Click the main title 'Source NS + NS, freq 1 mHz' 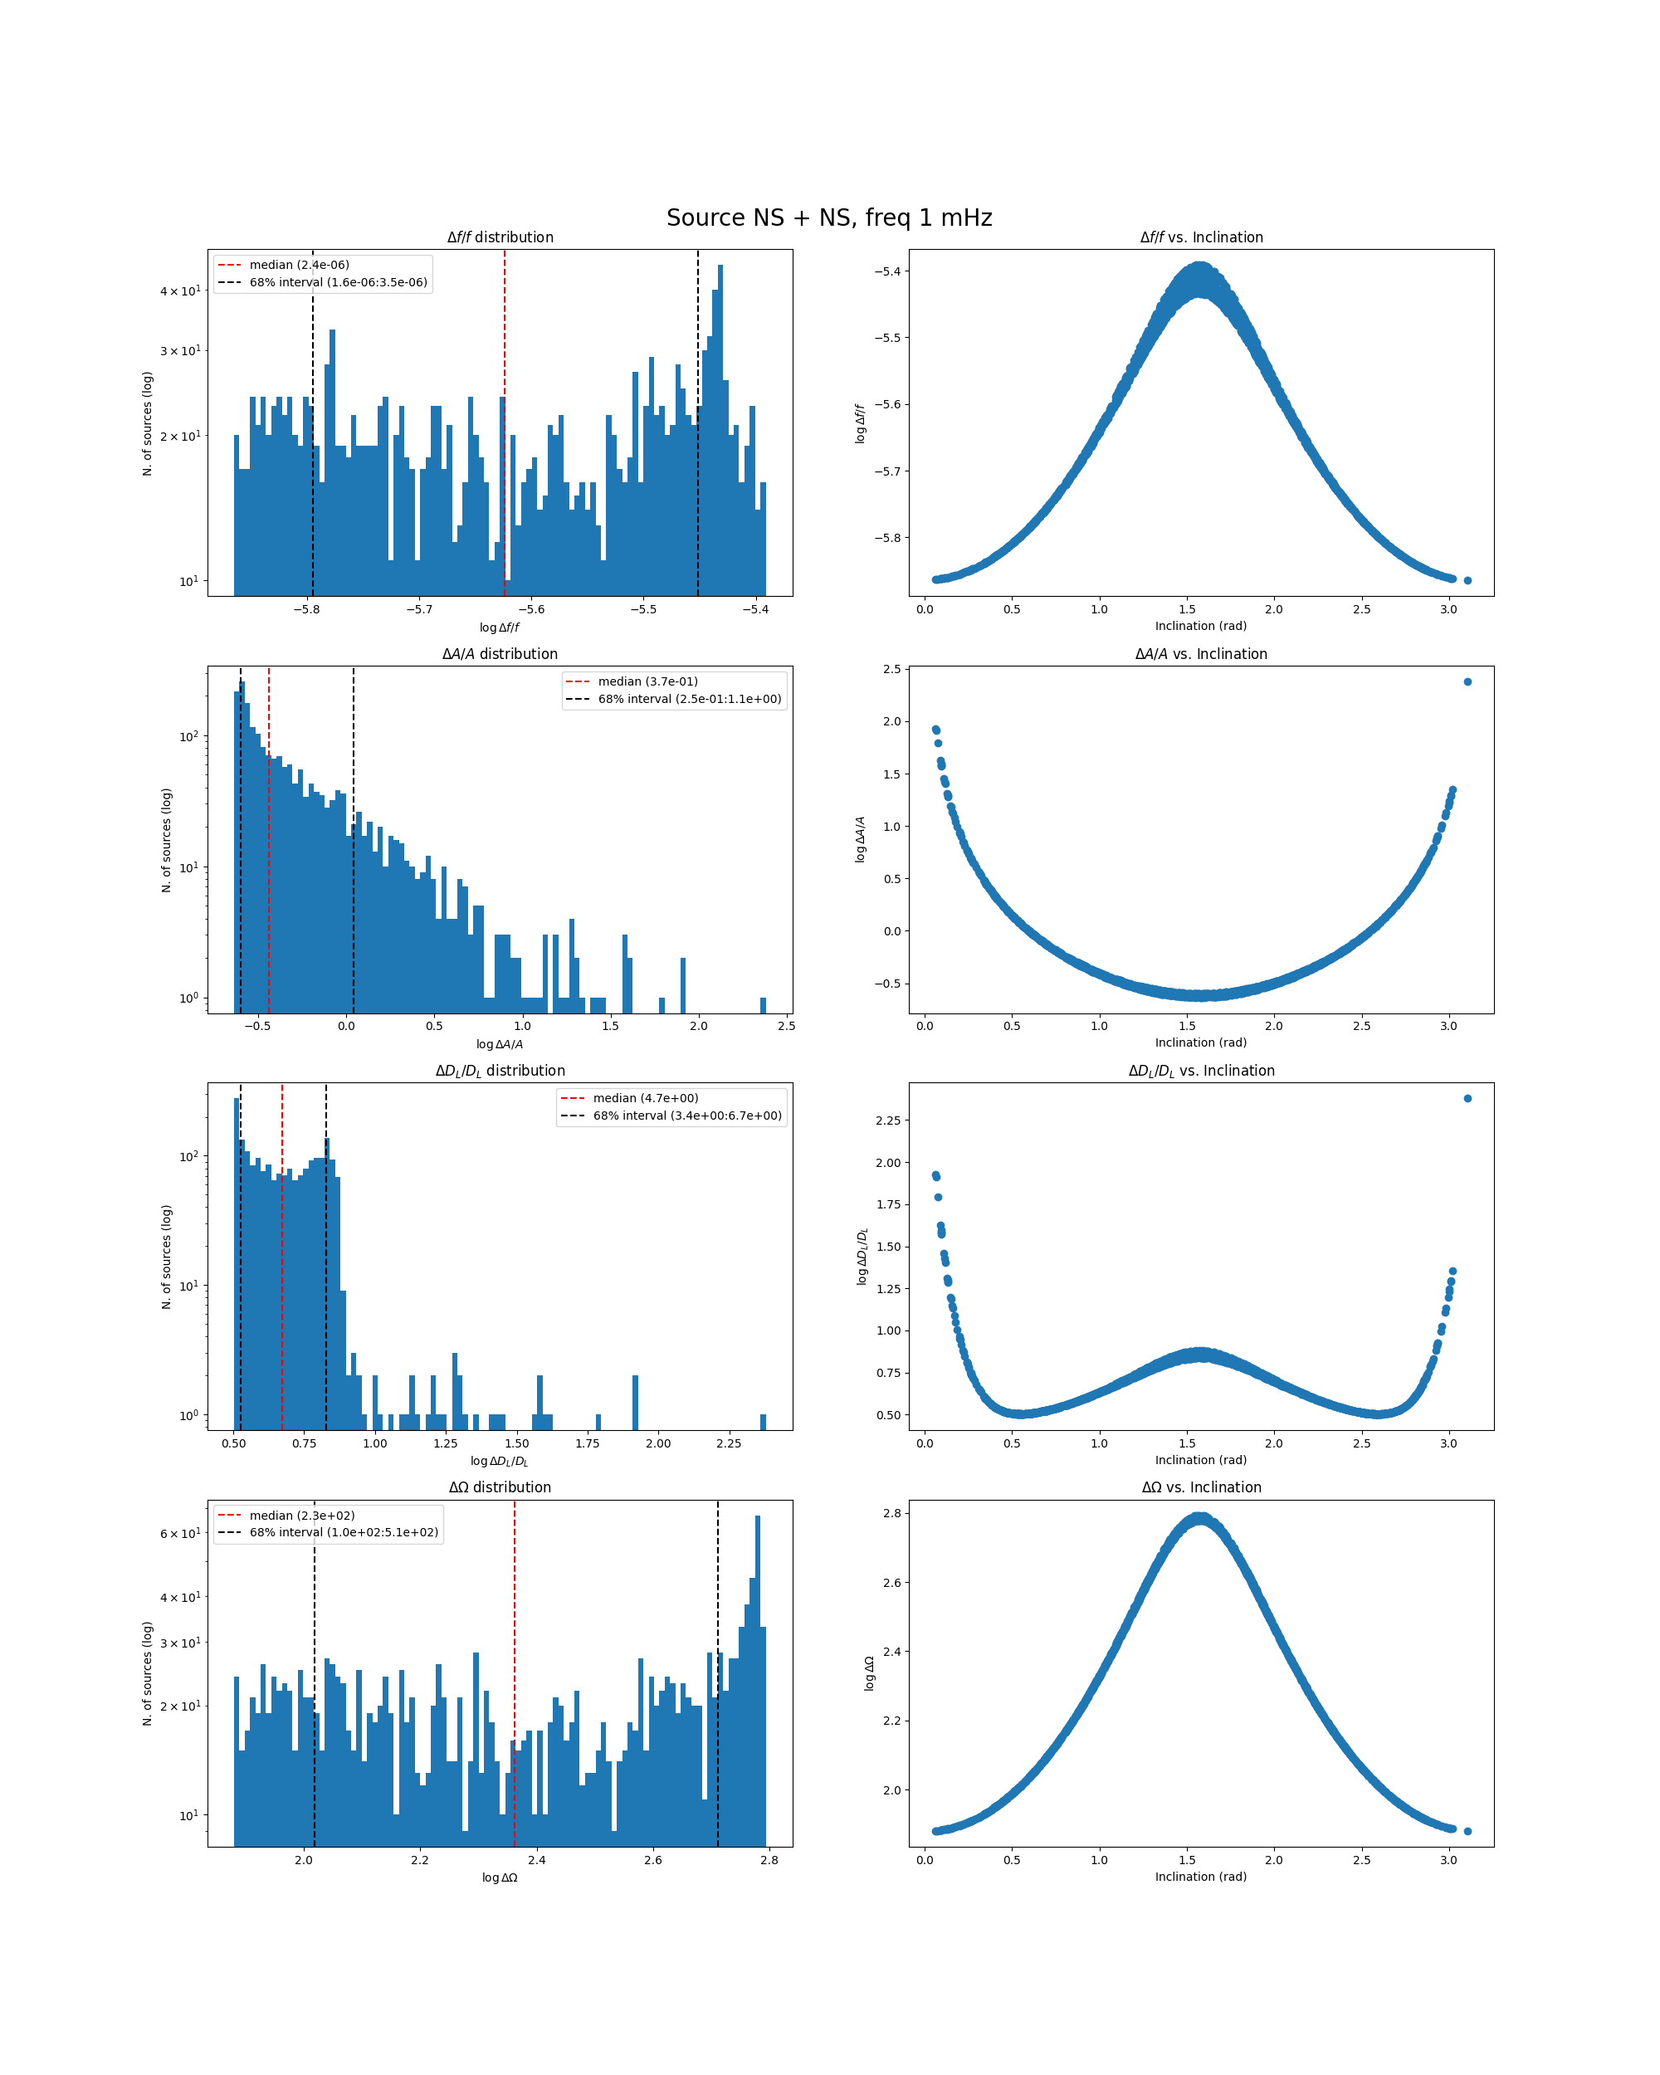tap(828, 217)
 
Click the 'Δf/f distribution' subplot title tap(500, 237)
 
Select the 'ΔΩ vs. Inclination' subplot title tap(1201, 1487)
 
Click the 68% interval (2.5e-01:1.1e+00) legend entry tap(689, 699)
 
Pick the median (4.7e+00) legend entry tap(645, 1098)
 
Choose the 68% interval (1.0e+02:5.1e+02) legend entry tap(343, 1532)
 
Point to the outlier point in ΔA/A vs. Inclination tap(1467, 681)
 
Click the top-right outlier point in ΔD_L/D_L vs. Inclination tap(1467, 1098)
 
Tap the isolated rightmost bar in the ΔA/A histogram tap(763, 1005)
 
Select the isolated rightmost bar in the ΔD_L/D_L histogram tap(763, 1422)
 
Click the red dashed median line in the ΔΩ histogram tap(514, 1694)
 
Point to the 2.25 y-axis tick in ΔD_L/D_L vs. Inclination tap(887, 1120)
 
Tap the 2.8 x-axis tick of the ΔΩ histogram tap(769, 1860)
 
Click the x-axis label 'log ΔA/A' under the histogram tap(500, 1044)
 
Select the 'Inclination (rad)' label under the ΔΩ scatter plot tap(1201, 1877)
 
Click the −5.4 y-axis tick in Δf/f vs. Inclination tap(887, 271)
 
